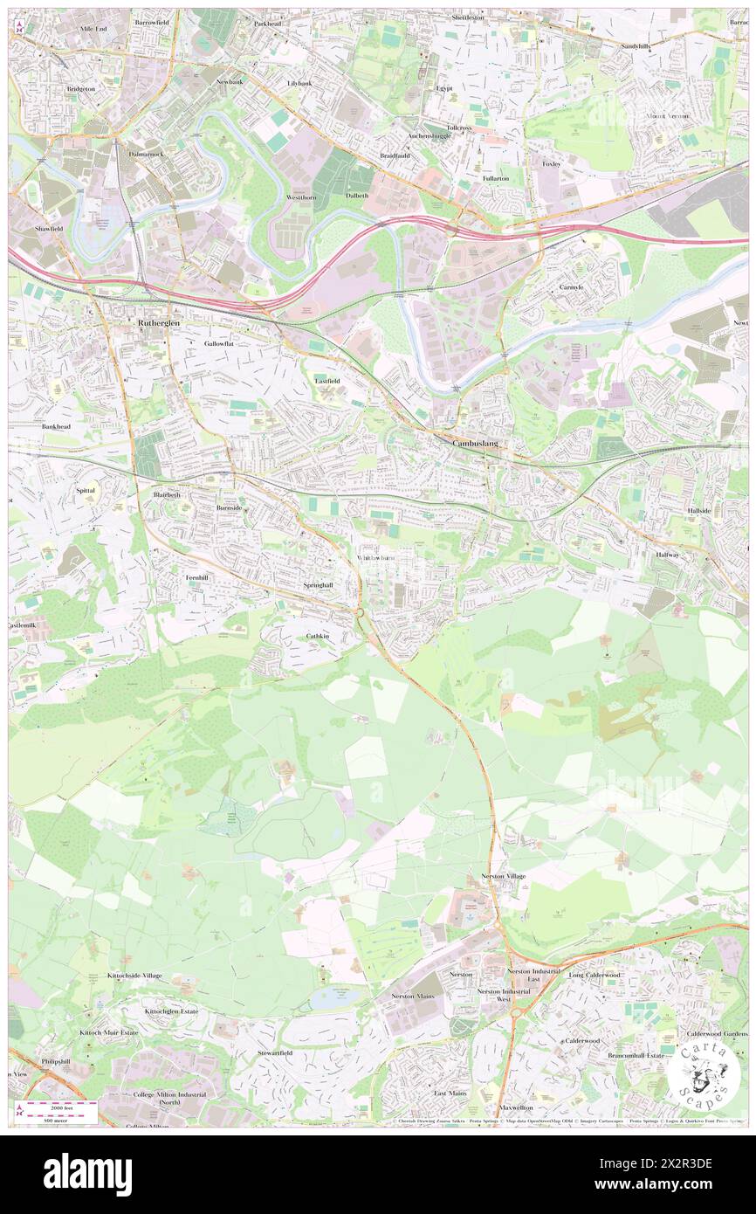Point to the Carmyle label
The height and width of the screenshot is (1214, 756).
[572, 287]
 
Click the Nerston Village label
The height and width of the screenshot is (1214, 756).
[504, 876]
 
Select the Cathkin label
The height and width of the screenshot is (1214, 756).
[318, 636]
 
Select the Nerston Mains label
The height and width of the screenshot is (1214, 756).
[412, 996]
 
